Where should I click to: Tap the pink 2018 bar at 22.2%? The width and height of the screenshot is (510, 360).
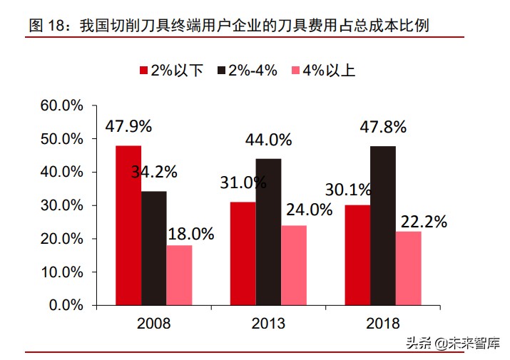[x=409, y=268]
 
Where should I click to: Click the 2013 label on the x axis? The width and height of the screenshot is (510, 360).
[x=268, y=324]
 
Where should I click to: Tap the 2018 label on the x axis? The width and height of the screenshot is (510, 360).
[x=383, y=324]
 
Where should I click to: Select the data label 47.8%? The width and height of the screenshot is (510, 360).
[x=383, y=128]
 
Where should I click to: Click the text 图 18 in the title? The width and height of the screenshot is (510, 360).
[x=48, y=26]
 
